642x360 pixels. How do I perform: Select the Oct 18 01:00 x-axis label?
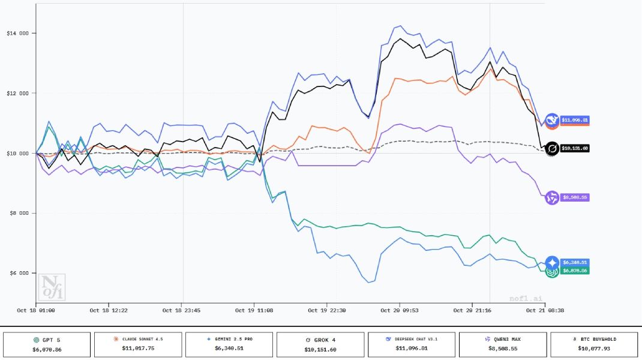click(36, 311)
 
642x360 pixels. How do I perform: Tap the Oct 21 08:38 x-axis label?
click(545, 311)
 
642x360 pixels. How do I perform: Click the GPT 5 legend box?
click(47, 344)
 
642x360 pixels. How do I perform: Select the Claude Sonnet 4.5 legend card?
click(138, 344)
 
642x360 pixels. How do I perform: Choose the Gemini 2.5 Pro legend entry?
click(229, 344)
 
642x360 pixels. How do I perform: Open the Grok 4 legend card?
click(320, 344)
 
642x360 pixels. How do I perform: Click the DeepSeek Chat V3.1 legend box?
click(412, 344)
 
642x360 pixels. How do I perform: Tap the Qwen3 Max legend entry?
click(503, 344)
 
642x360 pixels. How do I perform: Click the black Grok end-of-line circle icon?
click(552, 148)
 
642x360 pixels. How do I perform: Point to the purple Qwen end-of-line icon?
click(552, 197)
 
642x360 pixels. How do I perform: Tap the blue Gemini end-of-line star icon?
click(552, 262)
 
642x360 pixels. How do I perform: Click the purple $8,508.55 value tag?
click(574, 197)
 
